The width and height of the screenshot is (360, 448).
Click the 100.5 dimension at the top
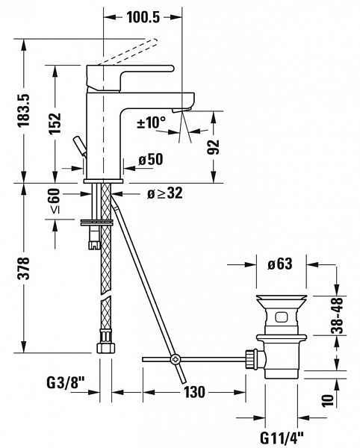click(x=143, y=17)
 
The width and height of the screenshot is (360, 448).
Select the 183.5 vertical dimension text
click(x=23, y=110)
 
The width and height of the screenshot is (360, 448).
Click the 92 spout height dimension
click(x=213, y=147)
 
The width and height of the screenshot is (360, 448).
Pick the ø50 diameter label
click(x=151, y=160)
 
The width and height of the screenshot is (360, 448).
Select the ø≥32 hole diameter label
click(x=164, y=193)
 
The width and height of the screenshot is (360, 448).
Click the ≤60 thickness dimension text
click(x=55, y=200)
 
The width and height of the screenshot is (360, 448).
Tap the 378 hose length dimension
click(x=23, y=268)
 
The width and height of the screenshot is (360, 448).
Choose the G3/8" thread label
click(x=66, y=383)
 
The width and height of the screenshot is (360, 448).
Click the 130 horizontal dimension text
click(x=194, y=392)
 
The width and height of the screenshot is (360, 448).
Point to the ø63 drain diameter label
click(x=280, y=264)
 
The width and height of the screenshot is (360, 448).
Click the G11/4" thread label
click(x=282, y=438)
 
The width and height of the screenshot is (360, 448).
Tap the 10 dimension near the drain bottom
click(x=328, y=400)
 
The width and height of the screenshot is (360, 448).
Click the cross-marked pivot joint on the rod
click(x=175, y=359)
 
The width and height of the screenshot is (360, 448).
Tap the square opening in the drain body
click(x=281, y=317)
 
